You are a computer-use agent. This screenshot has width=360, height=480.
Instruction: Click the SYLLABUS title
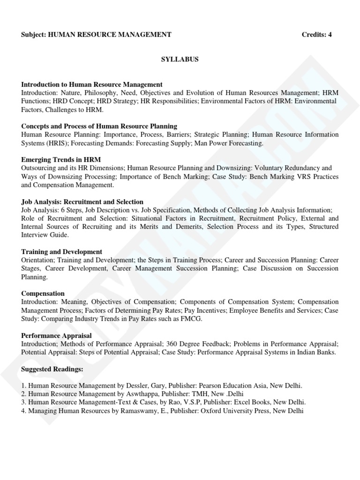[x=180, y=60]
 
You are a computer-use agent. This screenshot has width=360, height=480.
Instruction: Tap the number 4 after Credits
[x=330, y=35]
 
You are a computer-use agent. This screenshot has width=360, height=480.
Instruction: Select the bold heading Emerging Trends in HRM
[x=61, y=160]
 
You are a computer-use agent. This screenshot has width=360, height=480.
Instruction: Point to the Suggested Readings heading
[x=52, y=369]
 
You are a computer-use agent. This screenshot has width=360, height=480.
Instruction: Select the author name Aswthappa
[x=143, y=394]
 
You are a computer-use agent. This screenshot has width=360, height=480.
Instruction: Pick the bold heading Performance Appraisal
[x=56, y=336]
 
